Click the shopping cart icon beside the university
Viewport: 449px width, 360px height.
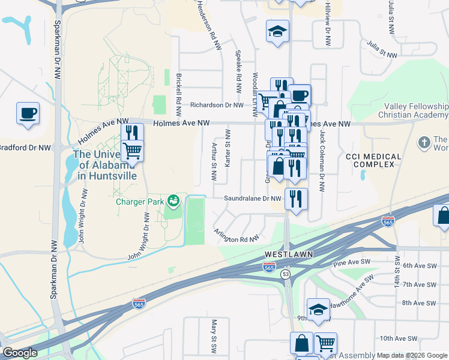tap(132, 150)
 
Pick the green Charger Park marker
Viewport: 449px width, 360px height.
tap(173, 200)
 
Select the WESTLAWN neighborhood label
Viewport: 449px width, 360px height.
tap(289, 254)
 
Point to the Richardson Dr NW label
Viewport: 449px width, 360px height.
tap(217, 105)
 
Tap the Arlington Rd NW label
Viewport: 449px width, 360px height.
tap(236, 235)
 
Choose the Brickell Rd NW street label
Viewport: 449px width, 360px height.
tap(179, 95)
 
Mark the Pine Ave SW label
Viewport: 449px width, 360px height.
tap(349, 263)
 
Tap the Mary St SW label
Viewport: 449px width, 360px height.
tap(213, 336)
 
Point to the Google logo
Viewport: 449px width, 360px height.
tap(19, 353)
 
